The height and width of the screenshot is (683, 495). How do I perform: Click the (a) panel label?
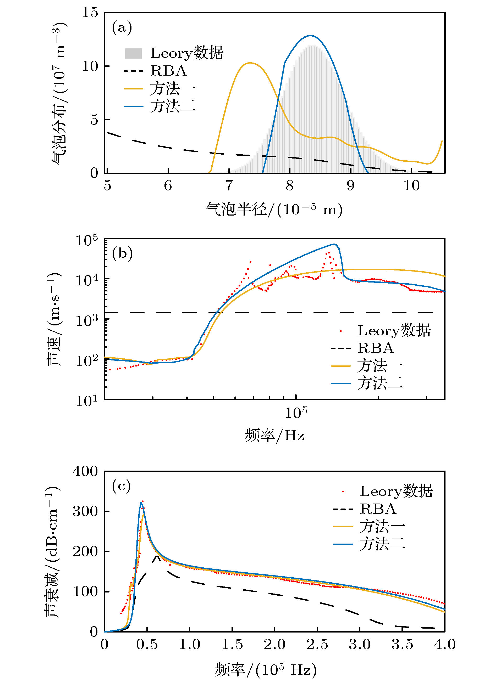pyautogui.click(x=122, y=28)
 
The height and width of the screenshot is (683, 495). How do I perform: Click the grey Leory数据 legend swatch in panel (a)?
pyautogui.click(x=133, y=53)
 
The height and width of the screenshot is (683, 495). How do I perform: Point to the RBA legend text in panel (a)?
pyautogui.click(x=168, y=71)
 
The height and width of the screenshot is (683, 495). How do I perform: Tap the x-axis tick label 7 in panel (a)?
pyautogui.click(x=229, y=186)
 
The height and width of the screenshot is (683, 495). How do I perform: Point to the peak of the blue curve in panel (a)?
pyautogui.click(x=311, y=36)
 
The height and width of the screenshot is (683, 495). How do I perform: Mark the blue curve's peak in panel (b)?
pyautogui.click(x=333, y=244)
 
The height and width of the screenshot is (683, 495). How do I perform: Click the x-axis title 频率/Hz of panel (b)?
pyautogui.click(x=274, y=436)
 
